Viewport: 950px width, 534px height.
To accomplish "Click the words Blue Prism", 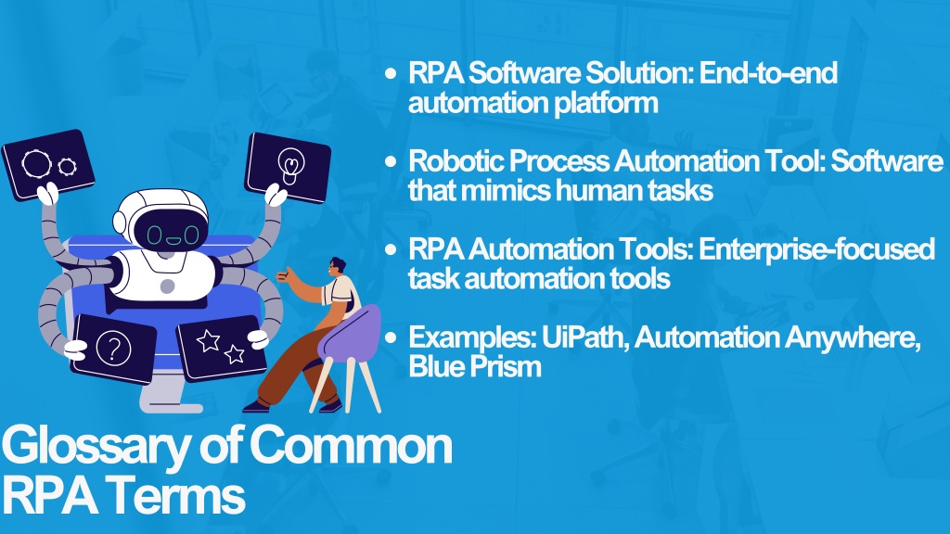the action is tap(475, 367).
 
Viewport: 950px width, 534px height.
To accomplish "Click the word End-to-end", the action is tap(768, 73).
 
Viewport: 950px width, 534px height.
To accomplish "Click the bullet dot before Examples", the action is tap(391, 337).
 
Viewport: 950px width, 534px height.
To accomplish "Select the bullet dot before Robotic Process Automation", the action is tap(391, 161).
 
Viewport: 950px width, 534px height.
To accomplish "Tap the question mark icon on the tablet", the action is tap(113, 349).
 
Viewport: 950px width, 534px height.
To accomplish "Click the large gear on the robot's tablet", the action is tap(37, 163).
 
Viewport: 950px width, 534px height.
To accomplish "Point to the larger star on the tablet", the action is tap(209, 341).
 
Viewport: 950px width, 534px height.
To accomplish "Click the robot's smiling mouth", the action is tap(173, 241).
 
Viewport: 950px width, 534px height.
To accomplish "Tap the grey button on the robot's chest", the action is tap(168, 286).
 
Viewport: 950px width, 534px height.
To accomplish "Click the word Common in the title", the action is tap(351, 446).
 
